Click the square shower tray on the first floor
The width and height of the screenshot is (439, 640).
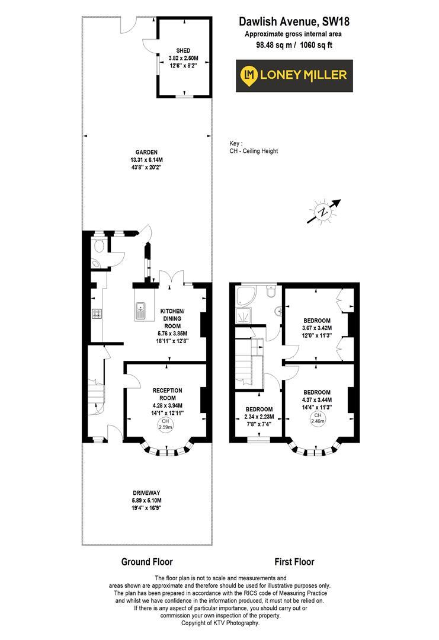(x=243, y=316)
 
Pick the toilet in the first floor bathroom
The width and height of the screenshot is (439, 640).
(x=271, y=292)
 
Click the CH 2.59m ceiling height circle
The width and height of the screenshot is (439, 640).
(x=166, y=424)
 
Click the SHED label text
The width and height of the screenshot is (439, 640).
(x=183, y=50)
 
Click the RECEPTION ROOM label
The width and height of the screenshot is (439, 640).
(x=167, y=394)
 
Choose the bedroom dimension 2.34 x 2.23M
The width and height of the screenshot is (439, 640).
(x=259, y=417)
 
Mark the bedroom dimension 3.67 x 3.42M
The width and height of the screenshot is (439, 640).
(x=317, y=328)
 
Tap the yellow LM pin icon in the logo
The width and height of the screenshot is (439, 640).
(x=249, y=75)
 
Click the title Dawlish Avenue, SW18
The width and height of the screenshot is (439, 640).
(x=294, y=22)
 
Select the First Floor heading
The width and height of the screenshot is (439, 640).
(x=294, y=562)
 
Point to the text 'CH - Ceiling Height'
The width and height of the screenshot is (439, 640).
(x=254, y=151)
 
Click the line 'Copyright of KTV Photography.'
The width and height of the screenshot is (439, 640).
(x=220, y=623)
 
